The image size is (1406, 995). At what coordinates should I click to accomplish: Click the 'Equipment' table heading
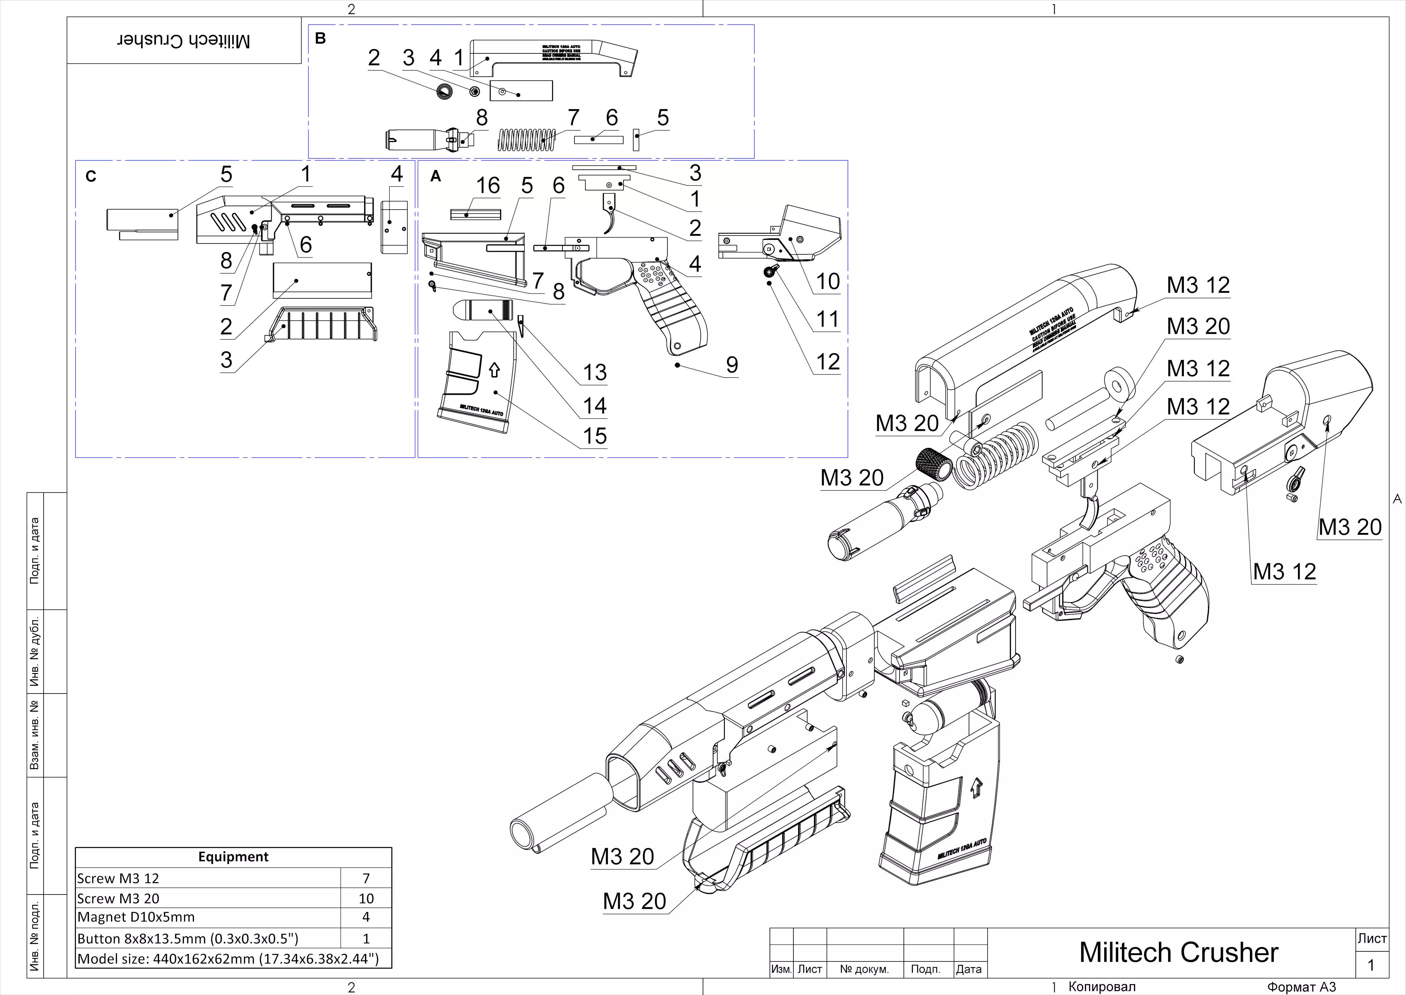coord(233,857)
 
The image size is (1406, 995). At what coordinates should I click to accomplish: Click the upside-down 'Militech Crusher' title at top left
coord(184,41)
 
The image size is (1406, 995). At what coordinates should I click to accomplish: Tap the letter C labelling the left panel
coord(91,176)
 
